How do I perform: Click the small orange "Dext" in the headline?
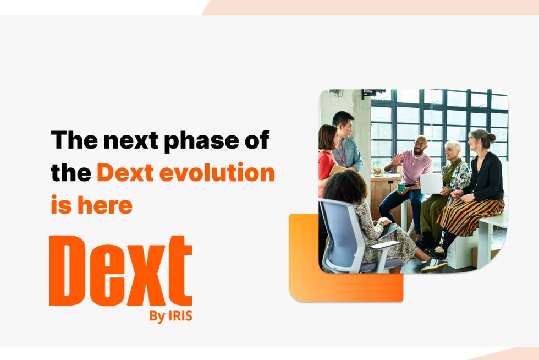coord(125,173)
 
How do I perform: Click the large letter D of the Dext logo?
coord(70,270)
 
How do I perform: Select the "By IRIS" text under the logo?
coord(170,317)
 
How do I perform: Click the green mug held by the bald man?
coord(402,187)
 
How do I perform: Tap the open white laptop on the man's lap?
coord(431,183)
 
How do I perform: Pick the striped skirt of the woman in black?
coord(468,215)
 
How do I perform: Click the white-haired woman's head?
coord(454,150)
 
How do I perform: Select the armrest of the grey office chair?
coord(384,244)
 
